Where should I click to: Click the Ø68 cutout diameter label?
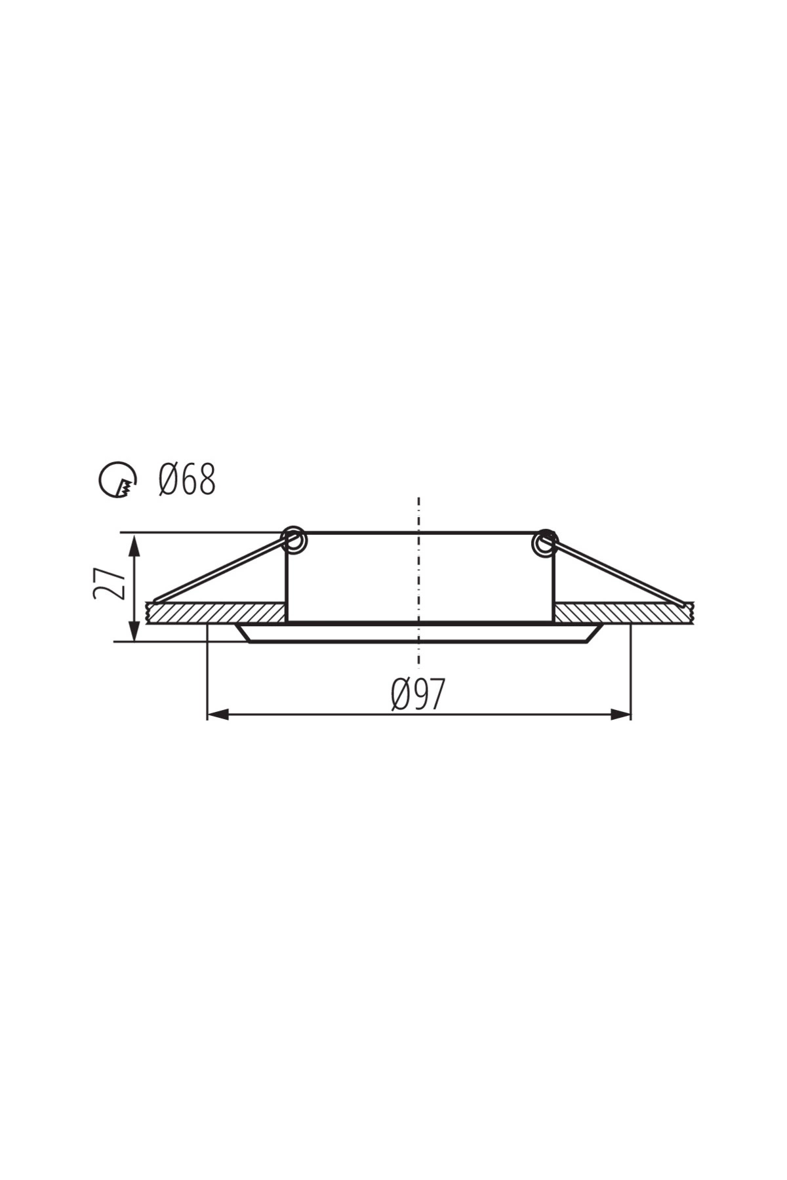point(187,480)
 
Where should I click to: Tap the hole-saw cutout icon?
point(118,480)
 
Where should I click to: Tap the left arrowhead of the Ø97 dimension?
point(218,715)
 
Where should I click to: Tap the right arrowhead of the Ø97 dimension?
point(620,715)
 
